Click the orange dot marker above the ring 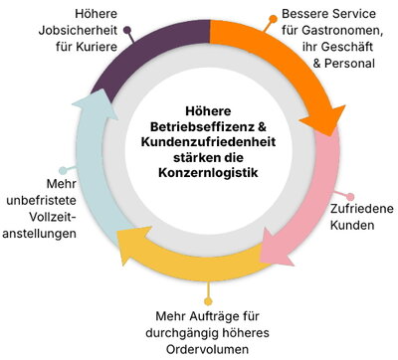coord(274,17)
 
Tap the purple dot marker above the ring coord(128,17)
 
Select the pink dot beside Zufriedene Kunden coord(347,196)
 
